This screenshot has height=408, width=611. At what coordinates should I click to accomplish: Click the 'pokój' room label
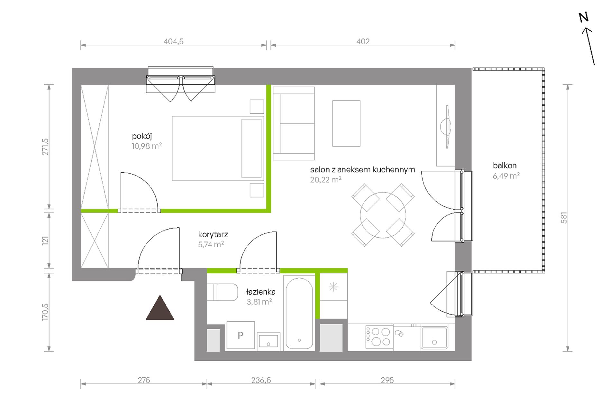pos(142,136)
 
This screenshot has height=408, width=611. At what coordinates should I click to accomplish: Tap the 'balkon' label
pos(505,166)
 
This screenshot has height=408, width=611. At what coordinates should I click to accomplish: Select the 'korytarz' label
pos(213,234)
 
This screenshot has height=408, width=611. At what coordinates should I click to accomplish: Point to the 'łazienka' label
pos(260,292)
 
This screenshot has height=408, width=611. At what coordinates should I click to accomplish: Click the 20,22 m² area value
pos(325,180)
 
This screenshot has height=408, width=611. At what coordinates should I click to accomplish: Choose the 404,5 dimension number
pos(173,41)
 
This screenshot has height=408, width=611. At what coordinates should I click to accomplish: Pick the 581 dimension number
pos(564,218)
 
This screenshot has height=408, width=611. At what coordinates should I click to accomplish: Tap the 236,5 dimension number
pos(261,380)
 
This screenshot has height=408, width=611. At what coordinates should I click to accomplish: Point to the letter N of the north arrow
pos(584,17)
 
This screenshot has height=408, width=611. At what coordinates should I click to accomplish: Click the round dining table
pos(383,215)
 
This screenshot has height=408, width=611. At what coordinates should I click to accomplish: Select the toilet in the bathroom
pos(222,292)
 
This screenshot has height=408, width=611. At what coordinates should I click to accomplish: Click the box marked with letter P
pos(241,335)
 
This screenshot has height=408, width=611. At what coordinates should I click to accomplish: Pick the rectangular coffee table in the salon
pos(346,123)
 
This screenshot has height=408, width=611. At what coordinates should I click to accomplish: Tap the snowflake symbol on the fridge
pos(333,287)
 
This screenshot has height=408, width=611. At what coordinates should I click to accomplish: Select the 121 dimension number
pos(45,241)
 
